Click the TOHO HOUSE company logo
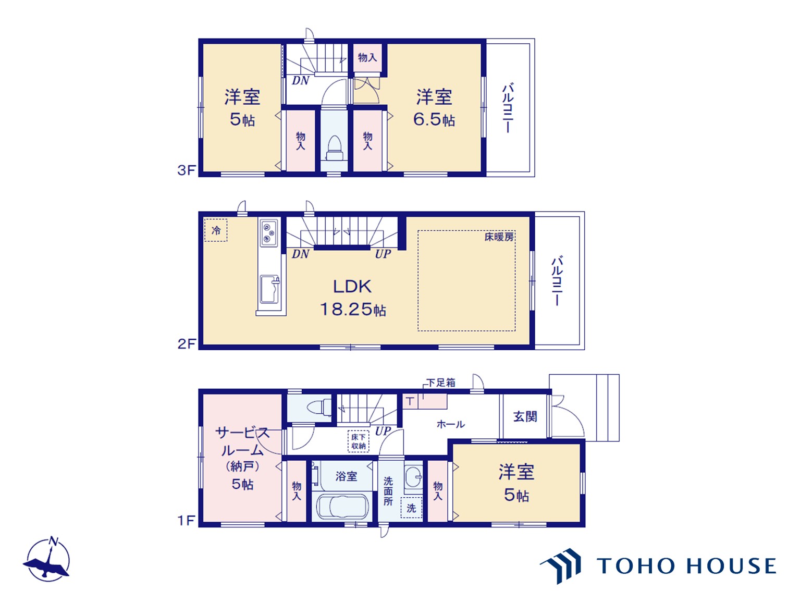[658, 566]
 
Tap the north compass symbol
[47, 560]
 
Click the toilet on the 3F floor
[334, 148]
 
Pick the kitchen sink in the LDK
[270, 289]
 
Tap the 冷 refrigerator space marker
[216, 230]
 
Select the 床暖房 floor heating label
[499, 237]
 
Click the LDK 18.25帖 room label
[352, 298]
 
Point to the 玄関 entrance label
[525, 416]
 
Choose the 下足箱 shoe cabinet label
[441, 383]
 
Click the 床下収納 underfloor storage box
[358, 441]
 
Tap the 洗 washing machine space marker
[411, 508]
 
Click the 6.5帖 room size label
[434, 119]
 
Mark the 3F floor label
[187, 170]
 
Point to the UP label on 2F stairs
[383, 254]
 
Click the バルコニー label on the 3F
[508, 108]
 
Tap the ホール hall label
[450, 425]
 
